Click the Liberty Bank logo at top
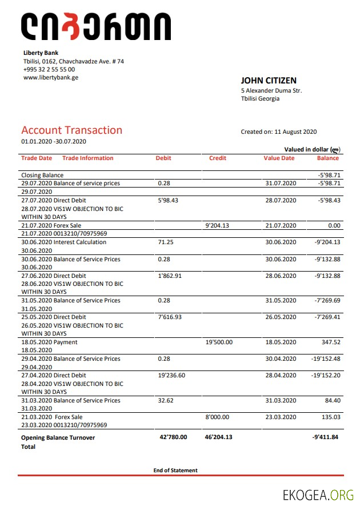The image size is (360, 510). (95, 27)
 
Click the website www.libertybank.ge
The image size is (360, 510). (51, 77)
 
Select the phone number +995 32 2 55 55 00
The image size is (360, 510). (49, 69)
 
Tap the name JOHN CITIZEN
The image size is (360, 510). (269, 81)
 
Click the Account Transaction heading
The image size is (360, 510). (72, 130)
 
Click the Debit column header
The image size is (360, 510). (163, 158)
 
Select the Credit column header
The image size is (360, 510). (218, 158)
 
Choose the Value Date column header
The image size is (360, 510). (279, 158)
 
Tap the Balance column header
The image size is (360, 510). (328, 158)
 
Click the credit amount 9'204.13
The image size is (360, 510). (217, 226)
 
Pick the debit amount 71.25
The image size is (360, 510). (166, 242)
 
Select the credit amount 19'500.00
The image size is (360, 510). (219, 342)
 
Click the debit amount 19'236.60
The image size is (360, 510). (171, 375)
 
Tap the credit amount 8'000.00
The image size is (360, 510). (217, 417)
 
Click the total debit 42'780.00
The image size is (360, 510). (173, 437)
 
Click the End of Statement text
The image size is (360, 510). (175, 471)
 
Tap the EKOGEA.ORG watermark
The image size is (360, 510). (318, 495)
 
